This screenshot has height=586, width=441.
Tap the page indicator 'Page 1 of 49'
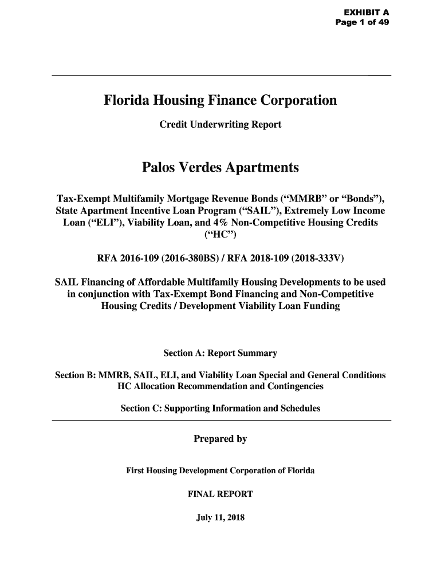point(363,22)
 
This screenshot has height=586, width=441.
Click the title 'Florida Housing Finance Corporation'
point(220,101)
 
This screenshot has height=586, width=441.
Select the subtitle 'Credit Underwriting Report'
point(220,124)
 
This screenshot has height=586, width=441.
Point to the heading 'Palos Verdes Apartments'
point(220,168)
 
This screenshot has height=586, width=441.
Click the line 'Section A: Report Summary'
point(220,353)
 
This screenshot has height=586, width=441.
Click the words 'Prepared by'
point(220,439)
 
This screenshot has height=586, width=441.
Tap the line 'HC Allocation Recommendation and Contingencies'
point(220,387)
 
